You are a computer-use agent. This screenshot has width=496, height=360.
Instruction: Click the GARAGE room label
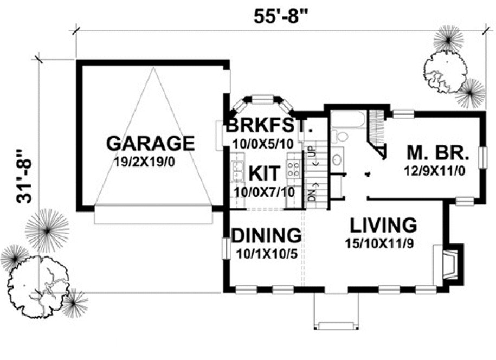150,143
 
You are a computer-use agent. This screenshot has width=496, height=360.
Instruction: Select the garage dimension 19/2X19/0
150,161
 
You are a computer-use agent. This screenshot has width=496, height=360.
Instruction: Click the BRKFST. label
269,126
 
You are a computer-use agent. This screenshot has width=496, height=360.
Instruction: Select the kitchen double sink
236,172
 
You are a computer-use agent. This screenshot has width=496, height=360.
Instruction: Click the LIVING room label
383,224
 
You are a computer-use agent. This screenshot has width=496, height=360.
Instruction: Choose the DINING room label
266,235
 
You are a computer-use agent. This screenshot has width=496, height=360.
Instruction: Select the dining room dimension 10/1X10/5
266,252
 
